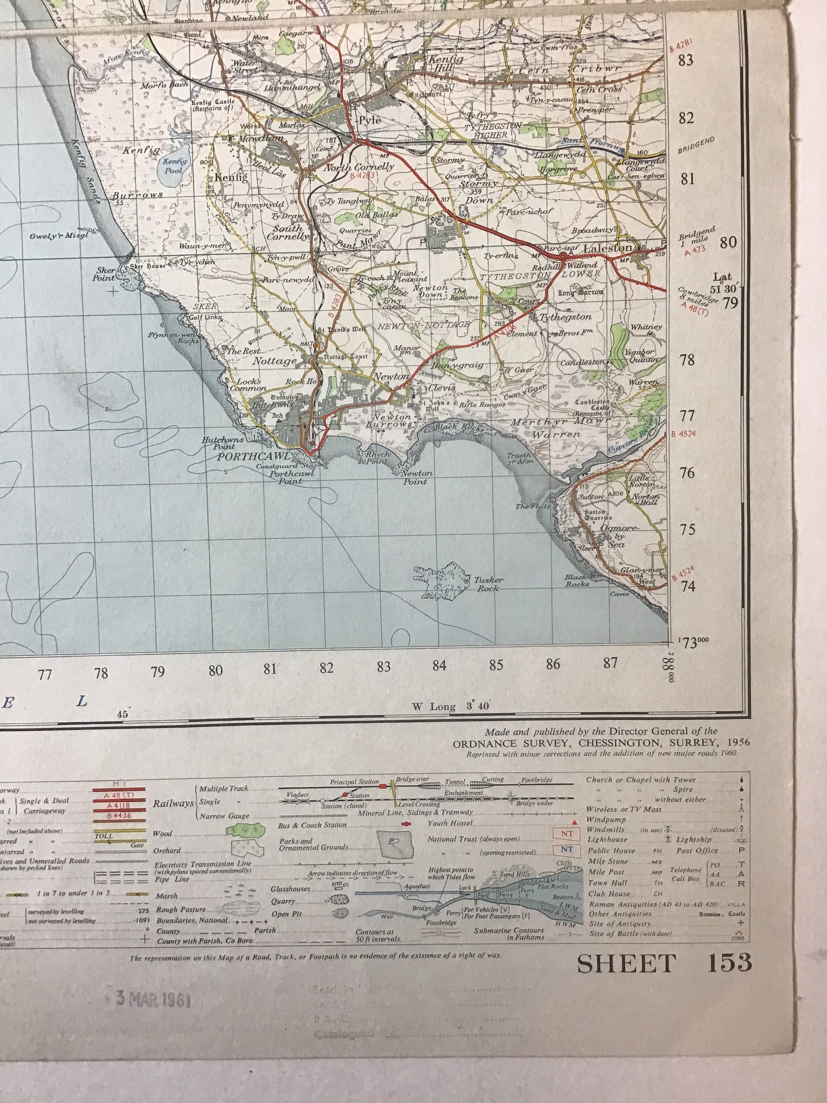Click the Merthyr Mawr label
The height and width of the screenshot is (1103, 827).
[560, 423]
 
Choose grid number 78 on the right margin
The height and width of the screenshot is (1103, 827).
[687, 360]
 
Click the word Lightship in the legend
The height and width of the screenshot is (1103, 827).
[694, 840]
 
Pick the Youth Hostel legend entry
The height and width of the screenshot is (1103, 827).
[450, 823]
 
